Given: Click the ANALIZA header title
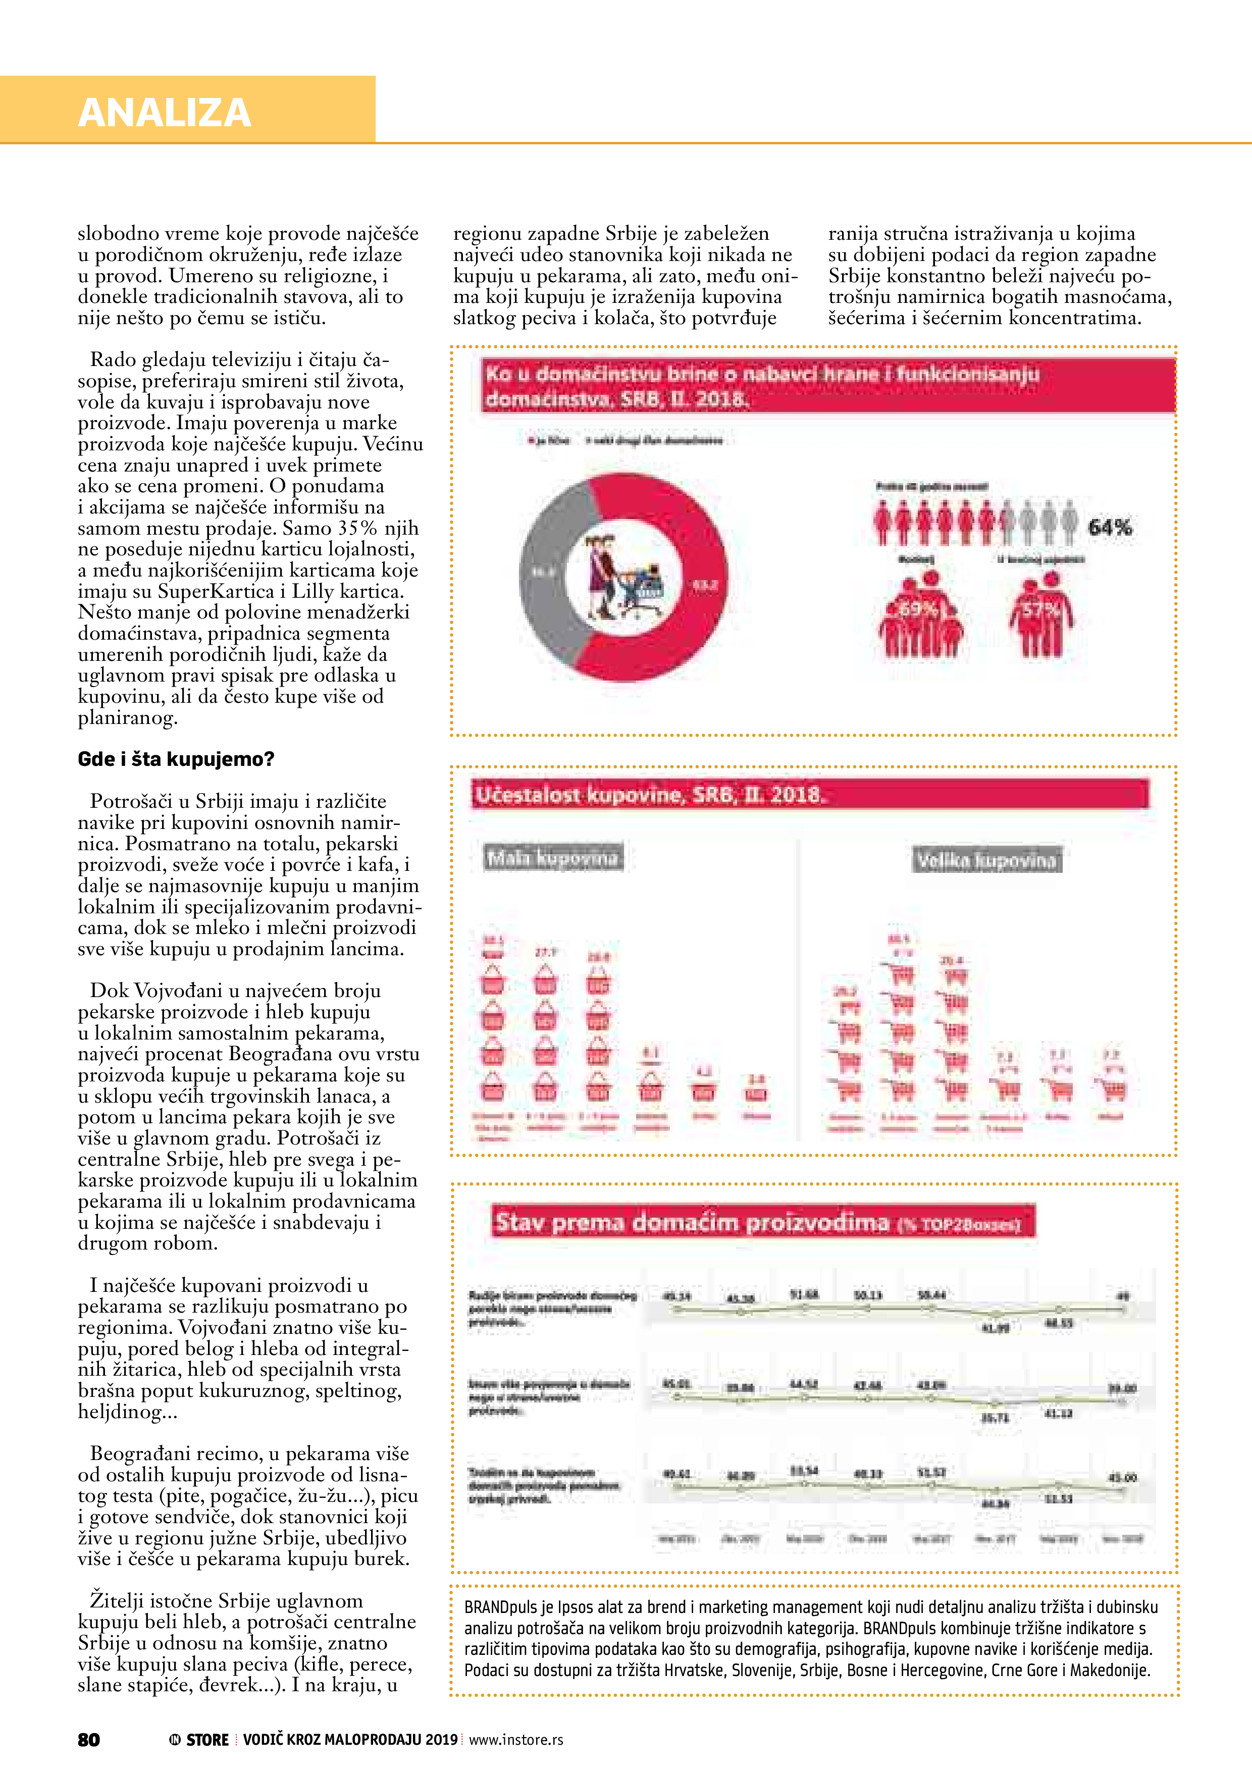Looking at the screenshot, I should click(x=164, y=113).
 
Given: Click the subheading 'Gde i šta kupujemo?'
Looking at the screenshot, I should click(x=176, y=759).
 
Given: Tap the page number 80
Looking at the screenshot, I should click(x=89, y=1739).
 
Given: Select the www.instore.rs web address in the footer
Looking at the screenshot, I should click(x=516, y=1739).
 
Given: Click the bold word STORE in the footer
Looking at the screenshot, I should click(x=207, y=1739).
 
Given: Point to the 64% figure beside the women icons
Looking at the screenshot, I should click(x=1109, y=528).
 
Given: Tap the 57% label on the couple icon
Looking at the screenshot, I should click(x=1040, y=609).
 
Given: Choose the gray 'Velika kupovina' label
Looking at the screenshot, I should click(x=986, y=860).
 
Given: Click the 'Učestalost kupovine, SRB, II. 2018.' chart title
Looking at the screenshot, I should click(x=650, y=795).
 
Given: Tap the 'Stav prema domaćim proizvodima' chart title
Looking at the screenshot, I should click(x=692, y=1223).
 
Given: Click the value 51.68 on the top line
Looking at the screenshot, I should click(x=804, y=1294).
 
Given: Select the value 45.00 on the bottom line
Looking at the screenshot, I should click(x=1122, y=1477).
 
